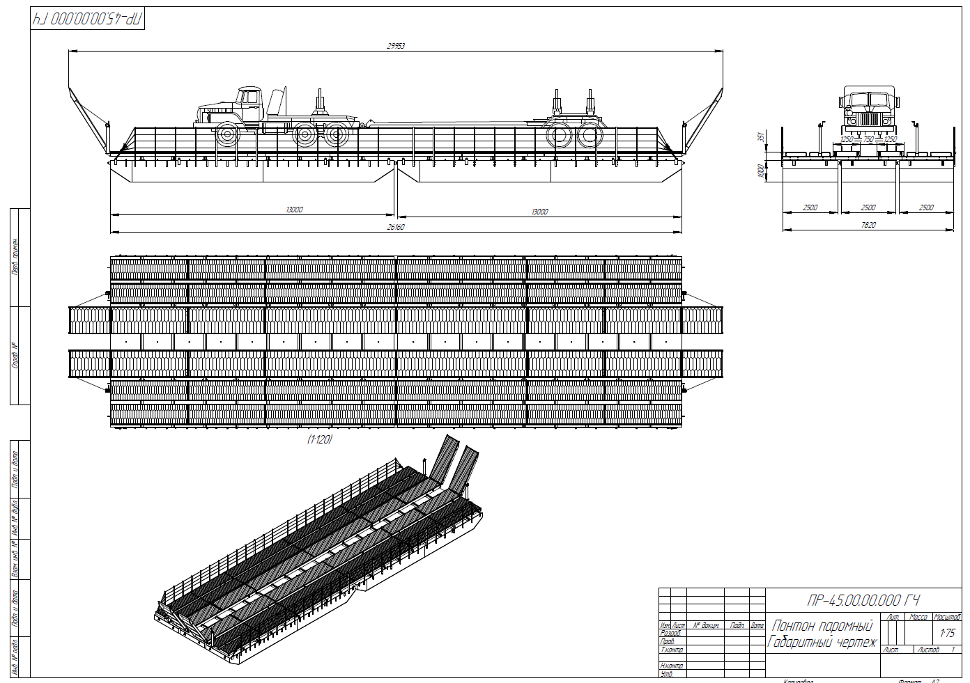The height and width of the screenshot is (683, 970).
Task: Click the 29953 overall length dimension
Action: pyautogui.click(x=396, y=46)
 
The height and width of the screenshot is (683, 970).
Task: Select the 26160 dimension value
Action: pyautogui.click(x=395, y=227)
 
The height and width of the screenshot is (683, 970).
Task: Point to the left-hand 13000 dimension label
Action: pyautogui.click(x=294, y=210)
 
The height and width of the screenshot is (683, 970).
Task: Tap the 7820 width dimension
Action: pyautogui.click(x=868, y=225)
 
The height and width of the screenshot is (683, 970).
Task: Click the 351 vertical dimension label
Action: pyautogui.click(x=761, y=137)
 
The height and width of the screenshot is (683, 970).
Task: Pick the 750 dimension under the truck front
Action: pyautogui.click(x=868, y=140)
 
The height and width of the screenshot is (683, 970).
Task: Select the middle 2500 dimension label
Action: pyautogui.click(x=868, y=207)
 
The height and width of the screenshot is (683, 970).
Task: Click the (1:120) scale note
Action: pyautogui.click(x=320, y=439)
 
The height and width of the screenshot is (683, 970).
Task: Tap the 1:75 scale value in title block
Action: pyautogui.click(x=947, y=633)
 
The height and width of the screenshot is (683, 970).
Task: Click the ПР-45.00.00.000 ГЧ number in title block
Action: pyautogui.click(x=863, y=600)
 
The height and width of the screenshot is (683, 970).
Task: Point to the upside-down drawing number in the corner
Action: pyautogui.click(x=88, y=19)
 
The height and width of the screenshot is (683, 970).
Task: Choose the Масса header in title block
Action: pyautogui.click(x=918, y=618)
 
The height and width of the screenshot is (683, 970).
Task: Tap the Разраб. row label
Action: pyautogui.click(x=670, y=634)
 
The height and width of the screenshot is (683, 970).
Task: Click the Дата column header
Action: pyautogui.click(x=757, y=625)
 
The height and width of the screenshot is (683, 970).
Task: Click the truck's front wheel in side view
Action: pyautogui.click(x=227, y=134)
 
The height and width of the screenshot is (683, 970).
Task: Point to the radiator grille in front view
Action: pyautogui.click(x=869, y=119)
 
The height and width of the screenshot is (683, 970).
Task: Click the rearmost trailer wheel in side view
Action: pyautogui.click(x=590, y=135)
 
